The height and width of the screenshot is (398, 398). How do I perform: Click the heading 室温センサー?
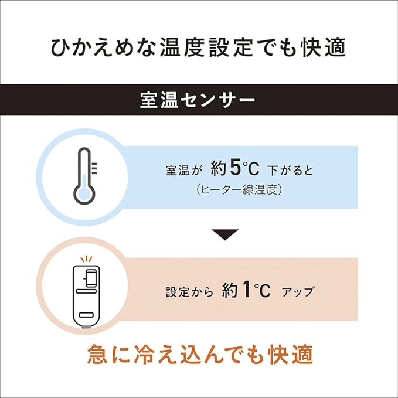click(x=198, y=100)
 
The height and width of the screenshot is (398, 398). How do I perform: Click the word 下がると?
click(x=290, y=171)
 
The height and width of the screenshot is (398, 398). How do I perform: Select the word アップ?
click(x=298, y=290)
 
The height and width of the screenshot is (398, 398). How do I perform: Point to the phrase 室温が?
click(x=183, y=171)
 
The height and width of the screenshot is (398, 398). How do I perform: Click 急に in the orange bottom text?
click(x=106, y=354)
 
